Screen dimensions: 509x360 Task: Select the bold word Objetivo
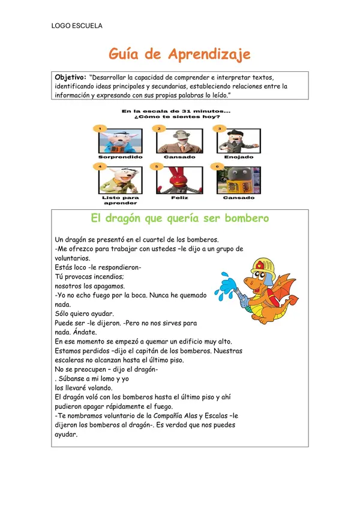71,78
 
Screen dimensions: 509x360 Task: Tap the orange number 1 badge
102,128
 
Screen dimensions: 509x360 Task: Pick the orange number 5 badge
158,166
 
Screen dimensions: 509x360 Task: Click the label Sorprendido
120,157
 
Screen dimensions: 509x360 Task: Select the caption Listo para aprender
120,200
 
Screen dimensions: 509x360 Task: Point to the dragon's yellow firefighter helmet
262,266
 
